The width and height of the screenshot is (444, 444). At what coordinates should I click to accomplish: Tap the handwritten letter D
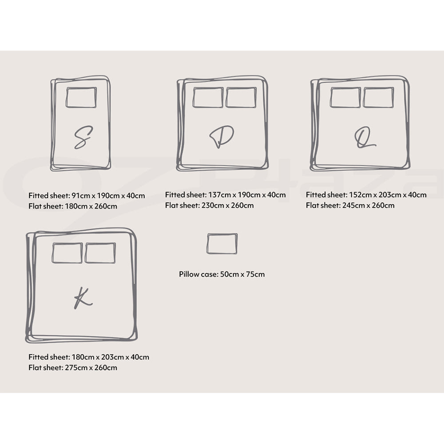click(x=221, y=137)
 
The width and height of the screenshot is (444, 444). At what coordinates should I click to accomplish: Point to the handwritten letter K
click(x=83, y=298)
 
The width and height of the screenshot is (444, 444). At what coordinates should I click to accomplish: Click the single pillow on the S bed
click(x=81, y=97)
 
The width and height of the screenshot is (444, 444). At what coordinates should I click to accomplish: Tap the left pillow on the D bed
click(x=208, y=97)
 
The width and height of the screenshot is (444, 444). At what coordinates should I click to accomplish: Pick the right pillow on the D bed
click(x=241, y=97)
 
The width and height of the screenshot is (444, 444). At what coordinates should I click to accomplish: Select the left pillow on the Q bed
click(x=345, y=97)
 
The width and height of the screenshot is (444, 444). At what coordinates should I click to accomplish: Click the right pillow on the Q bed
click(x=378, y=97)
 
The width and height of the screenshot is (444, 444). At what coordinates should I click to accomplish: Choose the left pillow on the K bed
click(x=67, y=253)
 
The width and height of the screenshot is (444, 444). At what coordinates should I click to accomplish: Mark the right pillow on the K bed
click(x=100, y=253)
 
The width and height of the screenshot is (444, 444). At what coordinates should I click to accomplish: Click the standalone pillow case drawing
click(x=222, y=244)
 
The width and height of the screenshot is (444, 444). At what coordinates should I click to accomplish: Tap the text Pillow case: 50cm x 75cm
click(x=222, y=274)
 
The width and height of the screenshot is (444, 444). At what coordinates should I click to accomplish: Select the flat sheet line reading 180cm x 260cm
click(x=73, y=206)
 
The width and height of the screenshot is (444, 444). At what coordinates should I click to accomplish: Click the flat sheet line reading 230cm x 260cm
click(x=209, y=206)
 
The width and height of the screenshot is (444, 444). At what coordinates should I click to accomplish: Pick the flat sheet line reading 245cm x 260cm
click(x=350, y=206)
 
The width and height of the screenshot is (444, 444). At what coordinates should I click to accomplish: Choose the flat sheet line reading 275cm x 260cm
click(x=73, y=368)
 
